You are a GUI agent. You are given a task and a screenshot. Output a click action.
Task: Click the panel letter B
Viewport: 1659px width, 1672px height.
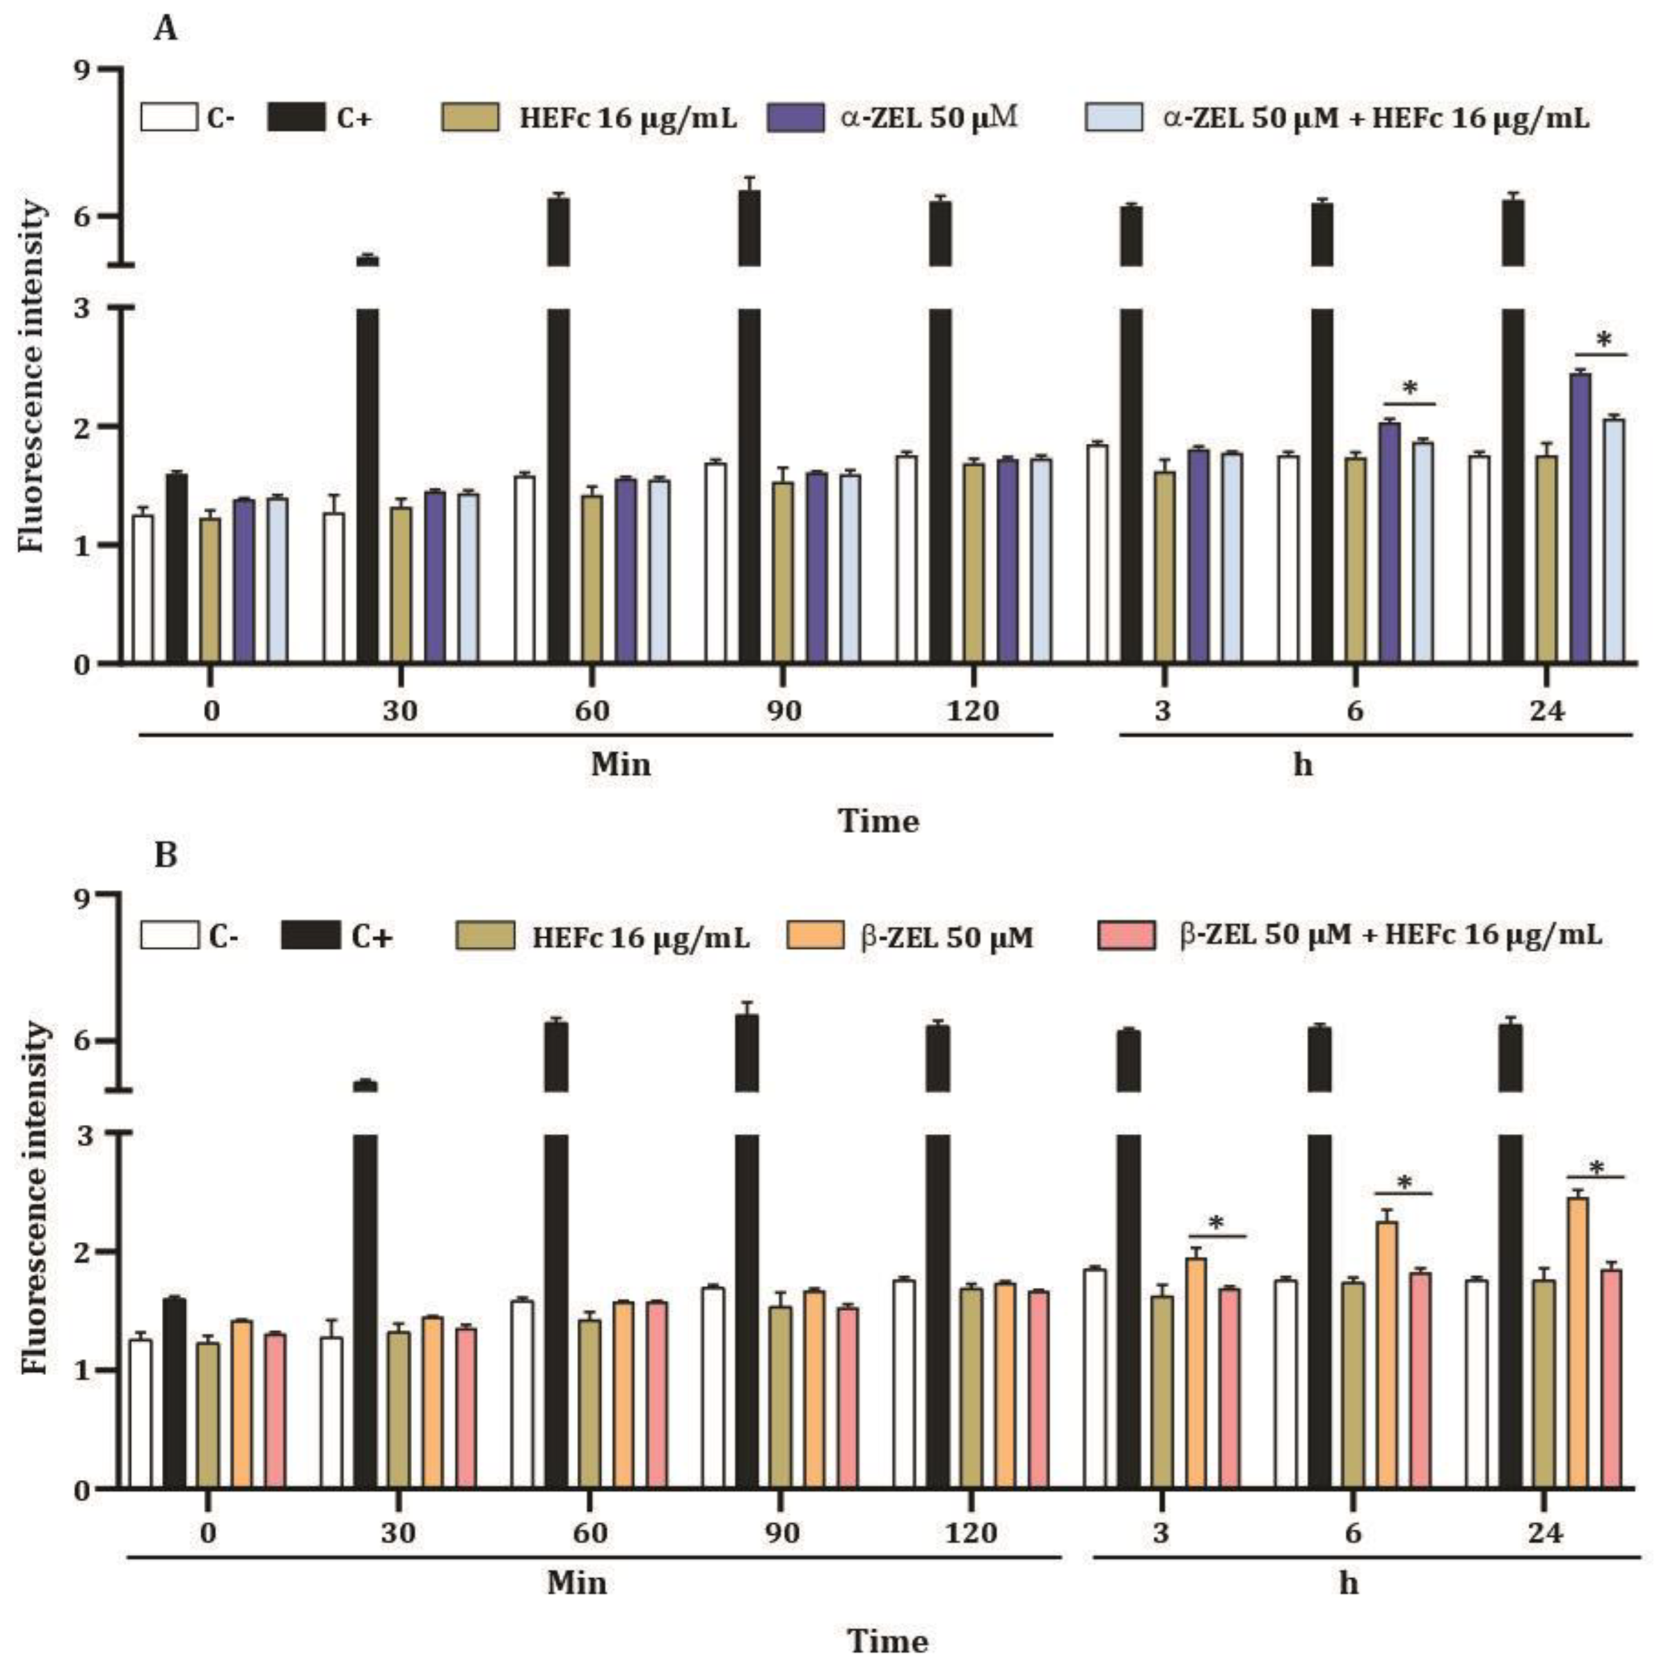(x=165, y=855)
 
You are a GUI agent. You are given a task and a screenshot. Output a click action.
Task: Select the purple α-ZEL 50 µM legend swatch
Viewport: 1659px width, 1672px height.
(x=795, y=117)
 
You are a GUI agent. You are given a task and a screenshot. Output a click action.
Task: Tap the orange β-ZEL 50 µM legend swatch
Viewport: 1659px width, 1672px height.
(x=815, y=935)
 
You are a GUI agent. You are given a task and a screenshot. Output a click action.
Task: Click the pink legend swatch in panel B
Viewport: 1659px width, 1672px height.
(x=1125, y=935)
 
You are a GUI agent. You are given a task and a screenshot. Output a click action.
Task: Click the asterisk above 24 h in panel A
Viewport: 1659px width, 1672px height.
(x=1603, y=340)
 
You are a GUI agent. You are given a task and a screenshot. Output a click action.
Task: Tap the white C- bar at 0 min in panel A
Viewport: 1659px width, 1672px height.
(x=143, y=588)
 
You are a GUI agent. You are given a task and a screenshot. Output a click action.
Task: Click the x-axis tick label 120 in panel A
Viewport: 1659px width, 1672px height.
(x=974, y=711)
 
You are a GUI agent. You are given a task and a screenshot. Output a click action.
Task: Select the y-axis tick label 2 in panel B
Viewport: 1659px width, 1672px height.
(x=83, y=1252)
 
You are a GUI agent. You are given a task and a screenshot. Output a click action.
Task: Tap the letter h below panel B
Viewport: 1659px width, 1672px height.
(x=1349, y=1585)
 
